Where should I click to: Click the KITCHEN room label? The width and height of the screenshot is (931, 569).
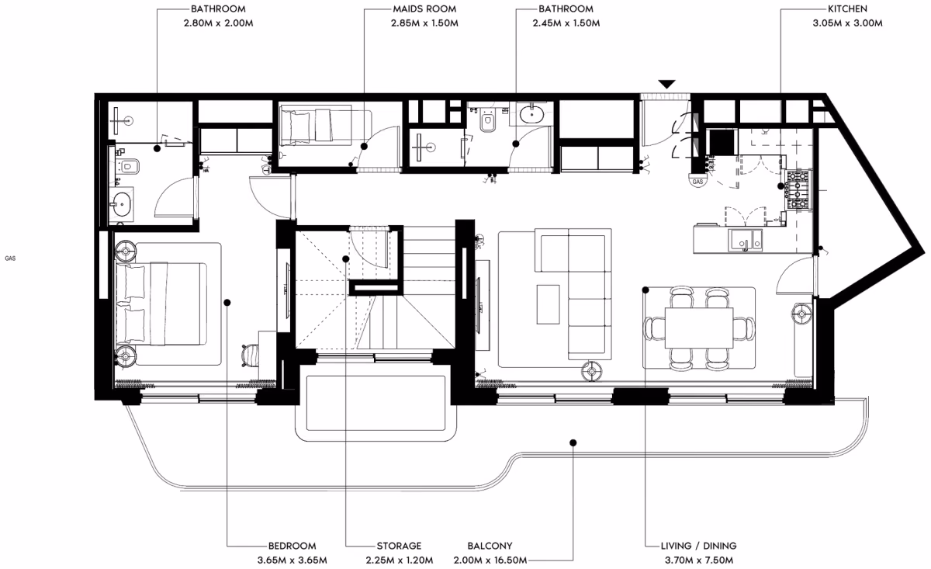(847, 9)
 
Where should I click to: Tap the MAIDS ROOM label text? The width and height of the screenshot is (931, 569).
(424, 9)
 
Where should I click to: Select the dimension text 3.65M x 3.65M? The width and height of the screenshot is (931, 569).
(292, 560)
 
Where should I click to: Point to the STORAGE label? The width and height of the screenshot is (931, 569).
(399, 545)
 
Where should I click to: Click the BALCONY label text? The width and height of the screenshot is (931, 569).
(490, 545)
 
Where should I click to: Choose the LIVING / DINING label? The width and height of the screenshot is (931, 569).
(699, 545)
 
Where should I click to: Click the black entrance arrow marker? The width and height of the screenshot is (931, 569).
(666, 84)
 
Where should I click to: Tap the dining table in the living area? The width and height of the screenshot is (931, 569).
(699, 328)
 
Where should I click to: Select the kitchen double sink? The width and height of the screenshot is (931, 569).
(746, 241)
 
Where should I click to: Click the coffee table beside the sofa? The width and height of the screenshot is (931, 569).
(548, 304)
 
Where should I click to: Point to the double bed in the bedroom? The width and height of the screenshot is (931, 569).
(161, 304)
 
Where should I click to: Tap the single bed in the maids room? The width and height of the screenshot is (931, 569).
(316, 125)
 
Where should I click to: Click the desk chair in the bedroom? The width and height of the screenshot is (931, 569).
(250, 356)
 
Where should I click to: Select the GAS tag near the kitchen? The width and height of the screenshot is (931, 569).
(697, 182)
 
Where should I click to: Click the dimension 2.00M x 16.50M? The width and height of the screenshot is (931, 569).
(490, 560)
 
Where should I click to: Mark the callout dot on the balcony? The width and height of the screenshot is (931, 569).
(573, 442)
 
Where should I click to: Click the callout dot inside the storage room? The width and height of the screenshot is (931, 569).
(345, 259)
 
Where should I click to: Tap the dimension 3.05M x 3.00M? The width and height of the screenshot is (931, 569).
(847, 23)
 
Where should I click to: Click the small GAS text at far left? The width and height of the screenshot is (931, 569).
(10, 258)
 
